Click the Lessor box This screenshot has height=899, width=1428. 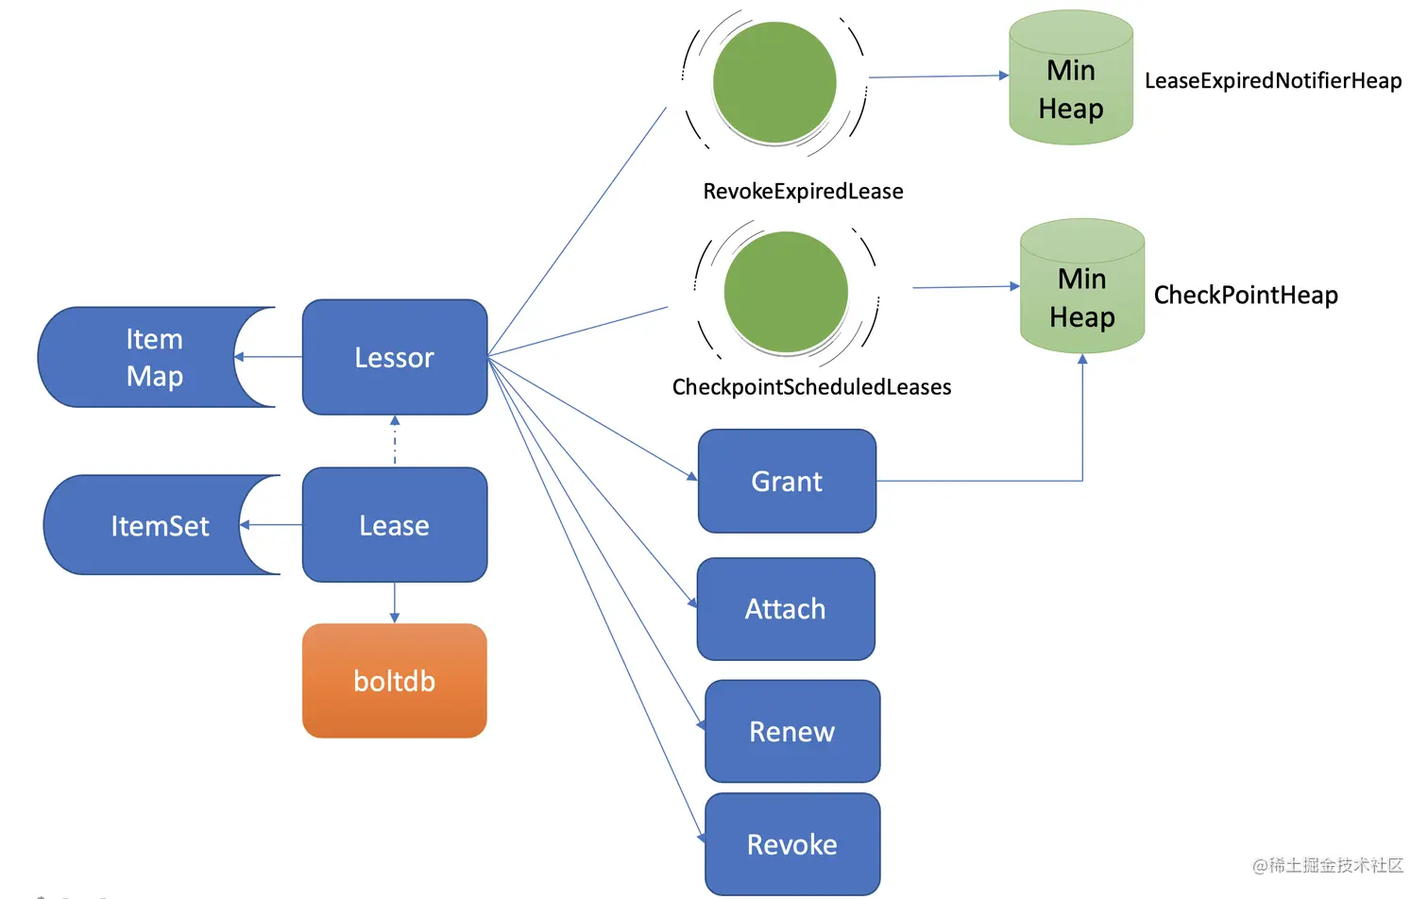(395, 357)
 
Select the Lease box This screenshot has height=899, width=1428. (395, 525)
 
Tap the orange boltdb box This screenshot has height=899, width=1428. (395, 681)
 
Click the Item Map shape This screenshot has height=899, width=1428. (142, 357)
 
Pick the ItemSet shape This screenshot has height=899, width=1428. (151, 525)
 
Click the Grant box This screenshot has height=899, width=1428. (787, 482)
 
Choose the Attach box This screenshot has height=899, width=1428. (786, 609)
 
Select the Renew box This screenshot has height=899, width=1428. (792, 732)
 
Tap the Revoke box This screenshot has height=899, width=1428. (792, 844)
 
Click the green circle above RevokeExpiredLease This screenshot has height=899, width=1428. (774, 83)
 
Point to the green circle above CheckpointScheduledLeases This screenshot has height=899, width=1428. (786, 292)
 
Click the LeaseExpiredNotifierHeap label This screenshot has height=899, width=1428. (1273, 81)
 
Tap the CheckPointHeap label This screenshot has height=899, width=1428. (1246, 296)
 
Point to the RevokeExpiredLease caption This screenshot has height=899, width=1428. (803, 192)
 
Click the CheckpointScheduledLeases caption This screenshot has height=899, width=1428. (811, 387)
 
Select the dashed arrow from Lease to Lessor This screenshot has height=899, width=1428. (395, 441)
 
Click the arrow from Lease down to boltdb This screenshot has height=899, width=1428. (395, 602)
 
